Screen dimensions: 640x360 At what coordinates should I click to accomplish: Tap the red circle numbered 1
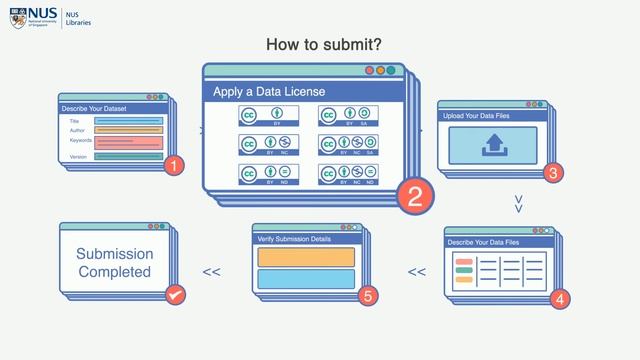tap(174, 166)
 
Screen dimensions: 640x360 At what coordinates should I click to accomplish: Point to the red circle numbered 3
tap(551, 172)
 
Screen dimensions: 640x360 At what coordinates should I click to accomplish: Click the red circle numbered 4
tap(559, 298)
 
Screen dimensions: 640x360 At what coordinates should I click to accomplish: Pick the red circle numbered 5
tap(368, 296)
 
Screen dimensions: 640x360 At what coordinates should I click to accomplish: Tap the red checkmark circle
tap(175, 296)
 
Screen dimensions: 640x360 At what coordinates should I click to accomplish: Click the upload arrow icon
tap(495, 146)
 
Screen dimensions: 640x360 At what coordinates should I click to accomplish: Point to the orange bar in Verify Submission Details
tap(306, 257)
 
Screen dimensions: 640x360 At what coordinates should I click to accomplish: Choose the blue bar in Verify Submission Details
tap(306, 279)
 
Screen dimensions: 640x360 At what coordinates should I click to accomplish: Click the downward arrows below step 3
tap(518, 204)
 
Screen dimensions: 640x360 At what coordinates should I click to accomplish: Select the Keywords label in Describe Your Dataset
tap(80, 140)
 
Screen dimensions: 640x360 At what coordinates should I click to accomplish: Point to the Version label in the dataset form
tap(78, 157)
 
